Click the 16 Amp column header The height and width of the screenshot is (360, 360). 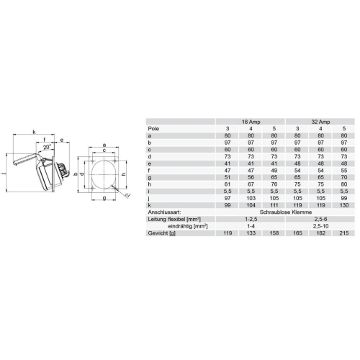pyautogui.click(x=249, y=122)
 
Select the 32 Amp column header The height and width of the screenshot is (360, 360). pyautogui.click(x=318, y=122)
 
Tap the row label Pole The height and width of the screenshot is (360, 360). pyautogui.click(x=153, y=129)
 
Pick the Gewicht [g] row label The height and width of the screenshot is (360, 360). pyautogui.click(x=162, y=234)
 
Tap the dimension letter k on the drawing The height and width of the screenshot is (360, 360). pyautogui.click(x=34, y=132)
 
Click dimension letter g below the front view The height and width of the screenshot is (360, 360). pyautogui.click(x=104, y=198)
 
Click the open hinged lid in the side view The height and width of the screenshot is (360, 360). pyautogui.click(x=25, y=156)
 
